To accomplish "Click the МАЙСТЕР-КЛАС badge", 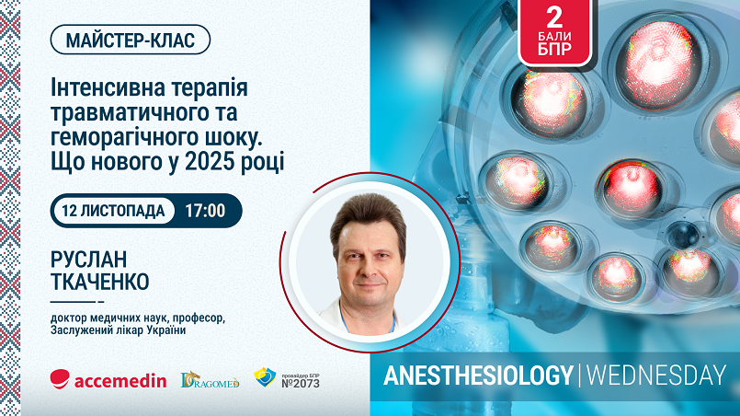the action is click(131, 40).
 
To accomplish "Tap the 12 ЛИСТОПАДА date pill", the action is click(113, 211).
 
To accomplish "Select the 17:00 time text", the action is click(205, 211).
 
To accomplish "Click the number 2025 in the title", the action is click(210, 162).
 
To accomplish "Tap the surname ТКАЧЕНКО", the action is click(100, 282).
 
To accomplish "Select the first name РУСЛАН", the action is click(89, 259).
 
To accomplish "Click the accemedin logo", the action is click(108, 379).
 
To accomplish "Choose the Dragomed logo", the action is click(210, 379).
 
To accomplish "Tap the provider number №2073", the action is click(301, 383).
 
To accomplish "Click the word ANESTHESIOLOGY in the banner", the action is click(479, 376).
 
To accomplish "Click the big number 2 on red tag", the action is click(554, 17).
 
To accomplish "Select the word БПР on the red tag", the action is click(554, 49).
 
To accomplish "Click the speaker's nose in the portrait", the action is click(368, 268).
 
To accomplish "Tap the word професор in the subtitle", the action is click(199, 318).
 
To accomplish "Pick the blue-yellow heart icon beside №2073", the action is click(265, 377).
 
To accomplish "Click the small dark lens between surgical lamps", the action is click(683, 235).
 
